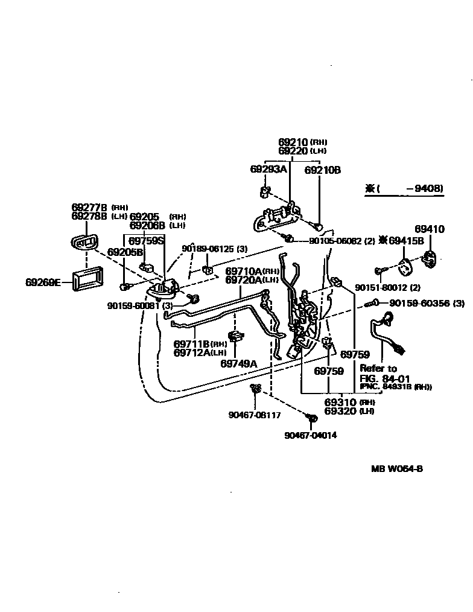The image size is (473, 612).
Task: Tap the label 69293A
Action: [x=268, y=170]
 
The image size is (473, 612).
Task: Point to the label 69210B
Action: [x=322, y=170]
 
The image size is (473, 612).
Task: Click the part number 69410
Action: [x=429, y=229]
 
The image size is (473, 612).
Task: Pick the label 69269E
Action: [x=43, y=282]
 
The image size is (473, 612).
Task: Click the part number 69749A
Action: [x=238, y=363]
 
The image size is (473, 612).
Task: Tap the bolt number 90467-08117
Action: [x=254, y=415]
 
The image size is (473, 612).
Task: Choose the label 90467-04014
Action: [x=311, y=435]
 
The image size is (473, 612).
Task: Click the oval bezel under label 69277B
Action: [x=84, y=243]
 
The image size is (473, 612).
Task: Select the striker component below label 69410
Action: [x=431, y=257]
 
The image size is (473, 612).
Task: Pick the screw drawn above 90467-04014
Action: [x=312, y=418]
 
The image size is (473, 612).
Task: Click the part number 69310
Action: [x=340, y=402]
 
